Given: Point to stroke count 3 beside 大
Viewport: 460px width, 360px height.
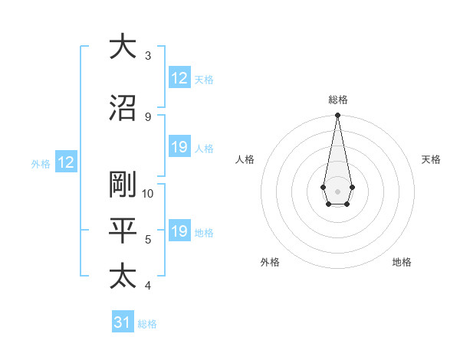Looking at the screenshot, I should [148, 55].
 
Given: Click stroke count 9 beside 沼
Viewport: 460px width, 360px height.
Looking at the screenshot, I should [148, 116].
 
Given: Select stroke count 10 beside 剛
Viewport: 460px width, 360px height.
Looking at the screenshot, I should [148, 193].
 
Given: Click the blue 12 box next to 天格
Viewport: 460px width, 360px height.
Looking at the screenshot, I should [179, 78].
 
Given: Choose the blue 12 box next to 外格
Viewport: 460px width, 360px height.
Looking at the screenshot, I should [66, 162].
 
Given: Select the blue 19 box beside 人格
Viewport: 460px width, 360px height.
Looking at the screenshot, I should [179, 147].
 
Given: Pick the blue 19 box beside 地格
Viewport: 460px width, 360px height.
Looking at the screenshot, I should [179, 231].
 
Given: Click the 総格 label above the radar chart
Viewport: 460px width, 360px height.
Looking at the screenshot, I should [337, 100].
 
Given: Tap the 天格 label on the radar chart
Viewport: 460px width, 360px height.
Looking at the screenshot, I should [431, 159].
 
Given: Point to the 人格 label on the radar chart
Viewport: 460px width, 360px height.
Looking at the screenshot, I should [245, 159].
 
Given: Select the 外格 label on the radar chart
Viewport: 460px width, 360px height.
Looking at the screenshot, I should [270, 262].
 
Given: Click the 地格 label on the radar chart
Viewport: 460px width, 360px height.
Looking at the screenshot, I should [402, 262].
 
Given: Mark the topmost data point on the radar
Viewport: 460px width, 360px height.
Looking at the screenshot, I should [337, 116].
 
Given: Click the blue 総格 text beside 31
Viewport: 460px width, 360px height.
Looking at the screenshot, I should [147, 323].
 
